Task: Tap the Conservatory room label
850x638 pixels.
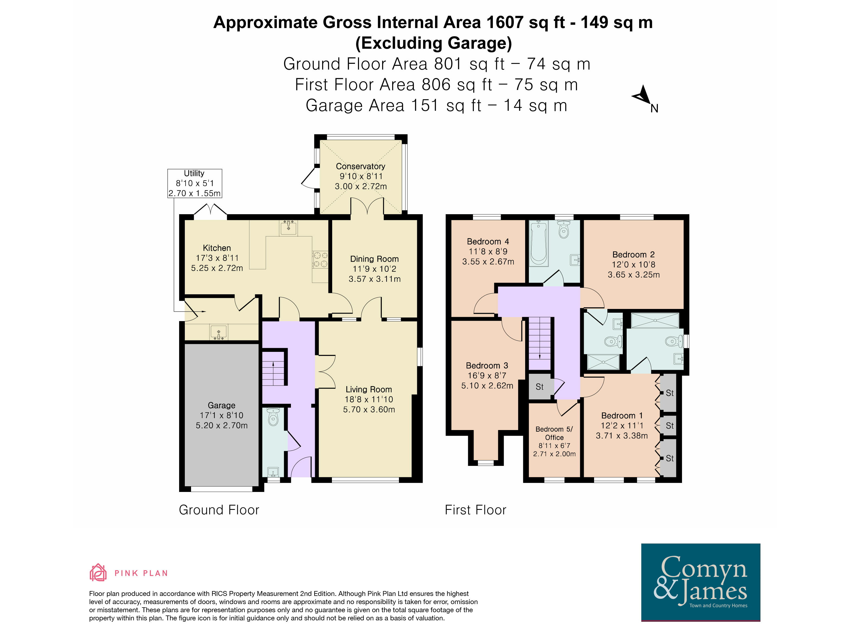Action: click(360, 166)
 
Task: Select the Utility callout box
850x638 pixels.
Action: click(194, 183)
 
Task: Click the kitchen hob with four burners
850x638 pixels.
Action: click(320, 259)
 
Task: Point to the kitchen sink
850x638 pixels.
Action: click(288, 227)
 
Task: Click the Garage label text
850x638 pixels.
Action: click(221, 405)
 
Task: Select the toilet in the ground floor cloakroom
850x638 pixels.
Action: click(273, 417)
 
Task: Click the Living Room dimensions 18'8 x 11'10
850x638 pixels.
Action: click(369, 399)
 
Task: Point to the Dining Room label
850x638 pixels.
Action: click(374, 259)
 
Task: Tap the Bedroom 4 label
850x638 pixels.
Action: click(488, 241)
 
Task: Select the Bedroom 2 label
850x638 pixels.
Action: click(634, 254)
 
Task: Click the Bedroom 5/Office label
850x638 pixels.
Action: click(554, 433)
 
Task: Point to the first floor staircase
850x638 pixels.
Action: click(540, 343)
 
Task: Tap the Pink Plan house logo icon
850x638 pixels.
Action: click(98, 572)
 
